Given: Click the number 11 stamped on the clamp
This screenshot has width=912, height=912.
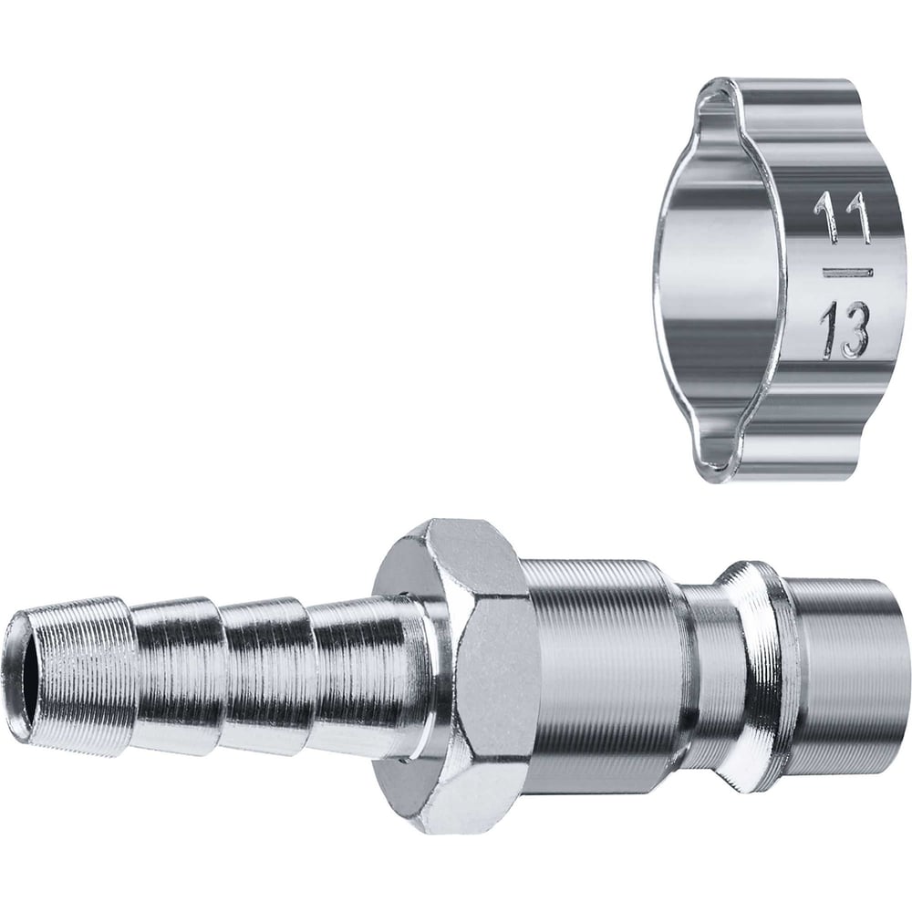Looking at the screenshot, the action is point(842,218).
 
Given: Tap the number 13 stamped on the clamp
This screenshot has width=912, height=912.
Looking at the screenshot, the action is point(844,330).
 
